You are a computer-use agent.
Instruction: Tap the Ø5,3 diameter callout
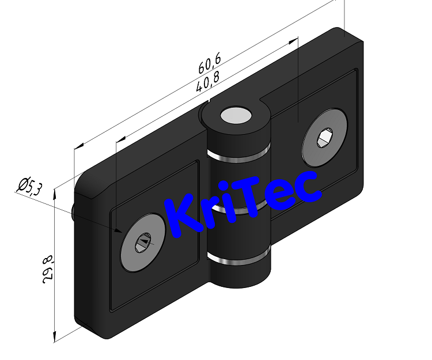click(30, 187)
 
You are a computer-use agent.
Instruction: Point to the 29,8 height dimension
click(46, 268)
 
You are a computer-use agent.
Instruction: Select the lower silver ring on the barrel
click(239, 259)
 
